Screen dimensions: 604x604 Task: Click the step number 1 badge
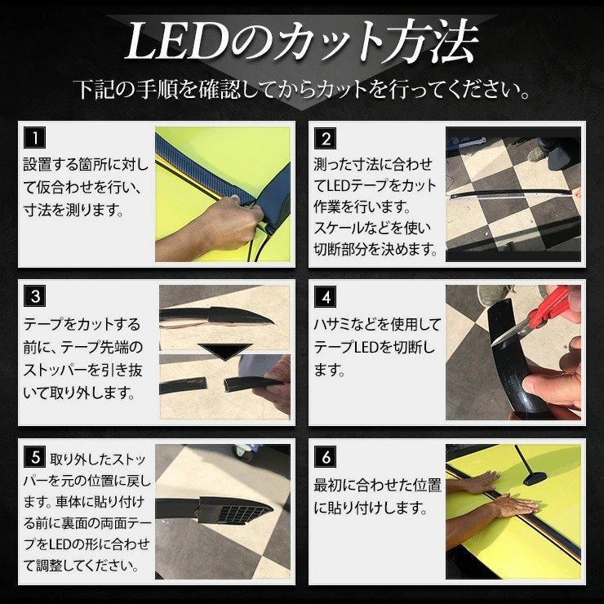34,137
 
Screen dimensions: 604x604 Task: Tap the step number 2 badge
325,138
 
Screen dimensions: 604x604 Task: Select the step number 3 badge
34,295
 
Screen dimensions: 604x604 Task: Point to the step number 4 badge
325,296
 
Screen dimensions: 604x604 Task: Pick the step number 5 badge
34,456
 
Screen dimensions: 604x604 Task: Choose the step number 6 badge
325,456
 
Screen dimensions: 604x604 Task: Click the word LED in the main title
177,41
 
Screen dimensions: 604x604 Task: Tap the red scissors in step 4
547,309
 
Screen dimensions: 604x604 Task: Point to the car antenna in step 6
530,466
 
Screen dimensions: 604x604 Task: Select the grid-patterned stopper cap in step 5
235,510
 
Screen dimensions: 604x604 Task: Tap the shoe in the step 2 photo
538,154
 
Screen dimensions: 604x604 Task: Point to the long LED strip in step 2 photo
513,193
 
